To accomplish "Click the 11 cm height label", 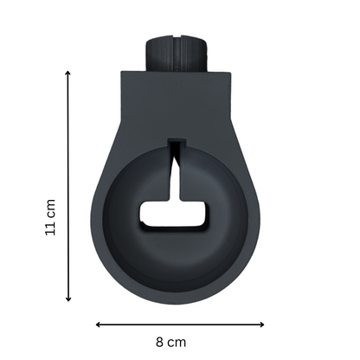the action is pyautogui.click(x=50, y=217).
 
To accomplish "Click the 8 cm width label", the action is pyautogui.click(x=171, y=343).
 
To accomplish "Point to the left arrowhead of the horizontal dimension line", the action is pyautogui.click(x=98, y=325).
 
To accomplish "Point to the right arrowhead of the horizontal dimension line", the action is pyautogui.click(x=262, y=325).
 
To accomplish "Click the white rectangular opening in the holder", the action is pyautogui.click(x=173, y=214).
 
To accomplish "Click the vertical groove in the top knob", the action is pyautogui.click(x=177, y=54).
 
